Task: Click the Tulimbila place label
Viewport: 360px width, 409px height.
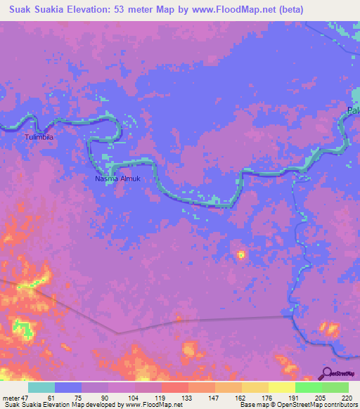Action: point(39,137)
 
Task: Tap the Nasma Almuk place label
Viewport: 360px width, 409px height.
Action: point(118,178)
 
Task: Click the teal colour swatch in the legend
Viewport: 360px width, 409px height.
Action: point(41,387)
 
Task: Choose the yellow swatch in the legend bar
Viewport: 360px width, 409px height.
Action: point(281,387)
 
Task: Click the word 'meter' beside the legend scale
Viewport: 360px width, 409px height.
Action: point(11,398)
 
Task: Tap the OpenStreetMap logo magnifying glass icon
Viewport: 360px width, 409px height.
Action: point(327,373)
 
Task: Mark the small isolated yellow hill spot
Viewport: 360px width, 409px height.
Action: point(241,254)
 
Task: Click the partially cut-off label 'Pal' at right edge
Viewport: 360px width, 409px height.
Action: point(353,110)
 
